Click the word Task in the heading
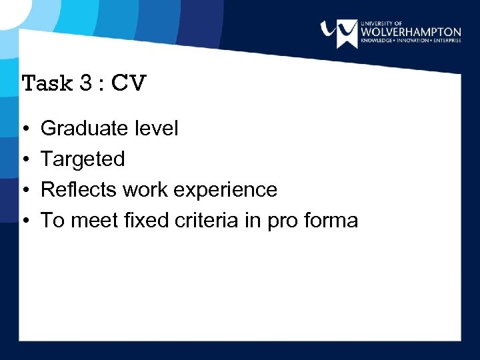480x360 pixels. click(47, 83)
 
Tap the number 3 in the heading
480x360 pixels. click(87, 83)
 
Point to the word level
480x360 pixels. click(157, 128)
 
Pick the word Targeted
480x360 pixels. click(83, 159)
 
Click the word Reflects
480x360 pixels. click(79, 189)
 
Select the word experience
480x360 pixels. click(225, 191)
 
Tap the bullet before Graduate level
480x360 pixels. click(25, 129)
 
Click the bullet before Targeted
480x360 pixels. click(25, 159)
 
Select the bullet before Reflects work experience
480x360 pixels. click(25, 190)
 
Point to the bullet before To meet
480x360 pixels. click(25, 221)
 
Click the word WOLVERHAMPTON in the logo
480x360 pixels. click(410, 31)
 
